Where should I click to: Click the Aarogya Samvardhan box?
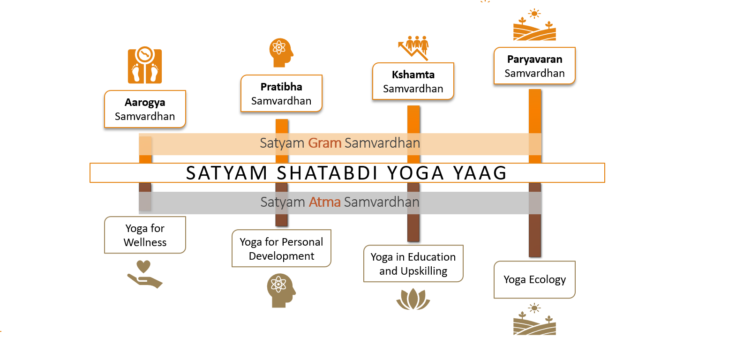pyautogui.click(x=145, y=109)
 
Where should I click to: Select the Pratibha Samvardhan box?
pyautogui.click(x=281, y=94)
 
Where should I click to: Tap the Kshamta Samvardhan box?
pyautogui.click(x=413, y=81)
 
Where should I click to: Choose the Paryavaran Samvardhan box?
pyautogui.click(x=534, y=66)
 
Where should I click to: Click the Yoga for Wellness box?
pyautogui.click(x=145, y=235)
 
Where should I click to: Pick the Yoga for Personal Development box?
pyautogui.click(x=281, y=248)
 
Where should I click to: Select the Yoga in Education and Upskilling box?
pyautogui.click(x=413, y=263)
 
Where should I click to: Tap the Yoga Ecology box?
pyautogui.click(x=534, y=279)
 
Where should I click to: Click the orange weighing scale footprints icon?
pyautogui.click(x=145, y=65)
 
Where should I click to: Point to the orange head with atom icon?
pyautogui.click(x=281, y=52)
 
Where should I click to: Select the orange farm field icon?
pyautogui.click(x=534, y=25)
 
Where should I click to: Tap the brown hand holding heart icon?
pyautogui.click(x=145, y=274)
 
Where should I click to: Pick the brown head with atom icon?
pyautogui.click(x=281, y=290)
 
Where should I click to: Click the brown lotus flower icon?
pyautogui.click(x=413, y=299)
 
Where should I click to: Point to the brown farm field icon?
pyautogui.click(x=534, y=319)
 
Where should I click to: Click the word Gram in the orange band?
pyautogui.click(x=324, y=143)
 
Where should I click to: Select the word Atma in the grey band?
pyautogui.click(x=324, y=202)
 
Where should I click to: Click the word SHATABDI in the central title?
pyautogui.click(x=327, y=173)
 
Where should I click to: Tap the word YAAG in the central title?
pyautogui.click(x=480, y=173)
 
